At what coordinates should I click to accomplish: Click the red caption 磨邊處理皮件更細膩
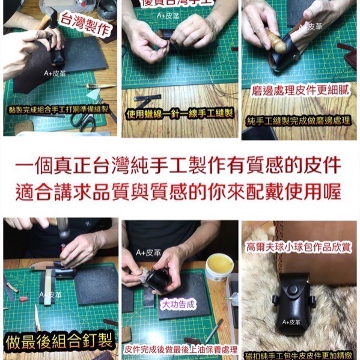301,91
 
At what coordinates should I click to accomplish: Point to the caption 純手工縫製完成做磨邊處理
299,121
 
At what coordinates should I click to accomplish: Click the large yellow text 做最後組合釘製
59,341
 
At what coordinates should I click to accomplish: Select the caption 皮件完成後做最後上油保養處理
180,350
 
